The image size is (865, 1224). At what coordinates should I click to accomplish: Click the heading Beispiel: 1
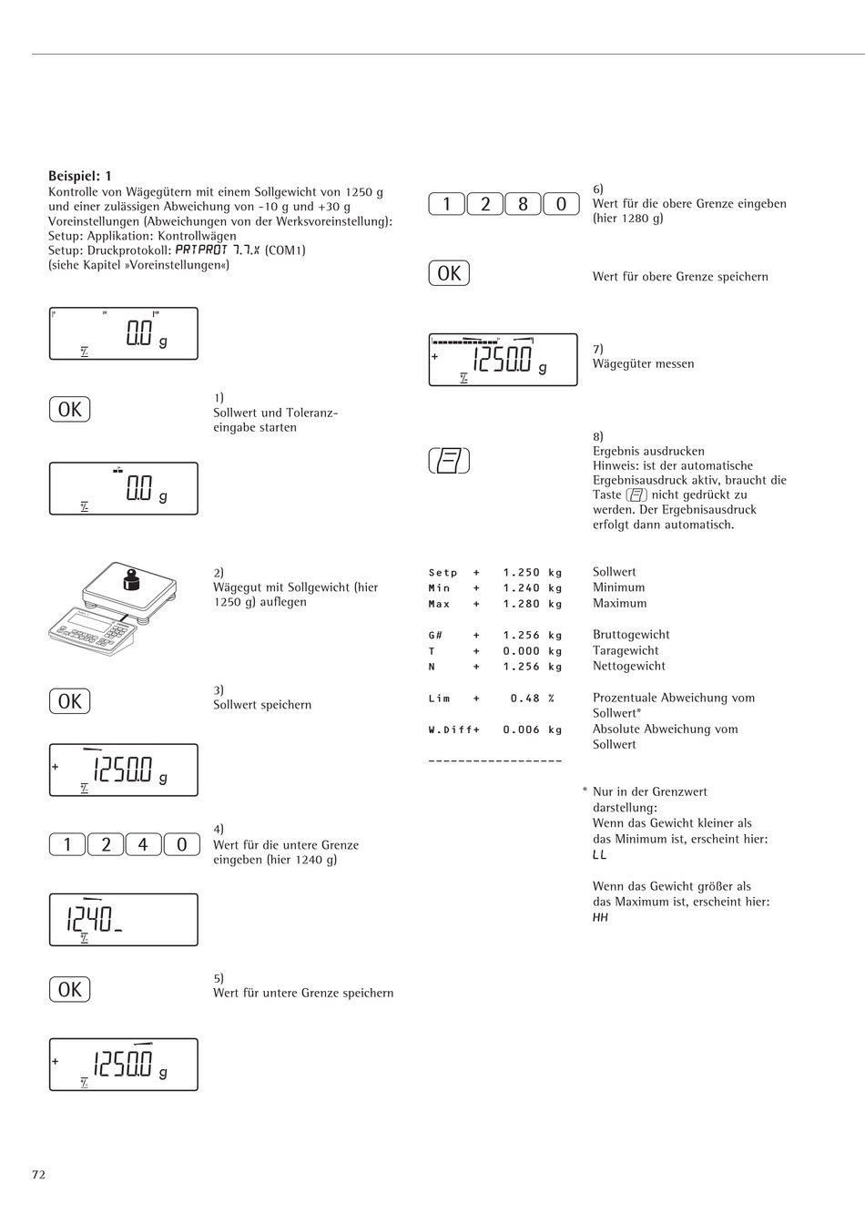[x=80, y=176]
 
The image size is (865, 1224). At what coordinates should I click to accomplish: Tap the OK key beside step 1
[x=70, y=410]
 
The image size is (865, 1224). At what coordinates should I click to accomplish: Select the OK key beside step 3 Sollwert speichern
[x=70, y=701]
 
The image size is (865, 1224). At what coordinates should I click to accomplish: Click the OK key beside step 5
[x=70, y=989]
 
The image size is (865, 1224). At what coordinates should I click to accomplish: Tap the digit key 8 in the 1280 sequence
[x=523, y=204]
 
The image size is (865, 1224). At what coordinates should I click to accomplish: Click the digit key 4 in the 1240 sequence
[x=143, y=845]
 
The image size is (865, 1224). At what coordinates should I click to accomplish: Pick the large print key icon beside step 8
[x=449, y=461]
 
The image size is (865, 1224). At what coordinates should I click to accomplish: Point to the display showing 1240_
[x=123, y=920]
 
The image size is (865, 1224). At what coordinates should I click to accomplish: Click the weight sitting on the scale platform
[x=130, y=580]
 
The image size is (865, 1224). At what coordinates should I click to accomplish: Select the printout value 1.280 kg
[x=533, y=604]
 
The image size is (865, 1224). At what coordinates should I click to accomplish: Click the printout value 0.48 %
[x=533, y=699]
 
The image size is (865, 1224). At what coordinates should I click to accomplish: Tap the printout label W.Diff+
[x=453, y=729]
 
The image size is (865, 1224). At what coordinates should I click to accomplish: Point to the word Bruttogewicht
[x=631, y=635]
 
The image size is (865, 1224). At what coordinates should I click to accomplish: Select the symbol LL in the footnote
[x=599, y=855]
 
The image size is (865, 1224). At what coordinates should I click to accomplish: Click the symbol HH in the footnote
[x=600, y=918]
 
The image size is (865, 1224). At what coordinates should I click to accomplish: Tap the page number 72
[x=38, y=1175]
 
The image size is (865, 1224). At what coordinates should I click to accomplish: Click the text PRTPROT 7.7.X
[x=218, y=250]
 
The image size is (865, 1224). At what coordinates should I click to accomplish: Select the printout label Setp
[x=443, y=573]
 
